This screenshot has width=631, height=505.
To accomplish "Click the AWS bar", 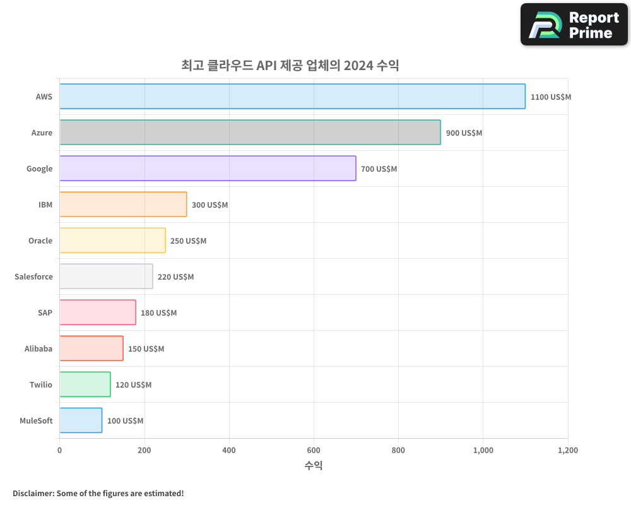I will coord(292,97).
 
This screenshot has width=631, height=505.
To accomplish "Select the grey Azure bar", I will coord(250,133).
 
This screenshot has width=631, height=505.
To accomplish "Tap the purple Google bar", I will coord(208,169).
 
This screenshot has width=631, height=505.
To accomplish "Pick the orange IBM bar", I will coord(123,205).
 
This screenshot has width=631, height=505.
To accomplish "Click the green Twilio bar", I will coord(85,384).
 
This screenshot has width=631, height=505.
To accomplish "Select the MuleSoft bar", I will coord(81,420).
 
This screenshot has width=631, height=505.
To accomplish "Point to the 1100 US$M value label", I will coord(550,97).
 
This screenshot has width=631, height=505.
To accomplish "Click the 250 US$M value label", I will coord(188,241).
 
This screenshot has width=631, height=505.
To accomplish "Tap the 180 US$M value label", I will coord(158,313).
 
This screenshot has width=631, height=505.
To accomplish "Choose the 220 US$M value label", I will coord(175,277).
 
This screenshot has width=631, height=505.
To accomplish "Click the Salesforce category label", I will coord(33,276).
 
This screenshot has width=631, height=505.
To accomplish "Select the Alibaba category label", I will coord(38,348).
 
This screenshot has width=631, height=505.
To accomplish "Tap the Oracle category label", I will coord(40,241).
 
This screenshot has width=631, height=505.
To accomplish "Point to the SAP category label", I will coord(45,312).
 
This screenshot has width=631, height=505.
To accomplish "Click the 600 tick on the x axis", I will coord(314,451).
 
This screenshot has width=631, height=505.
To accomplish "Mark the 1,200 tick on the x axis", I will coord(567,451).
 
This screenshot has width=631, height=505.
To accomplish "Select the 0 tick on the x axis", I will coord(59,451).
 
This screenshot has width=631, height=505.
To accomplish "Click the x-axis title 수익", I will coord(314,466).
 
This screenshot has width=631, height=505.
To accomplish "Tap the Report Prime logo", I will coord(574,25).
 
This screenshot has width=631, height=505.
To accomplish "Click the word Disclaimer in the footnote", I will coord(32,493).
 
